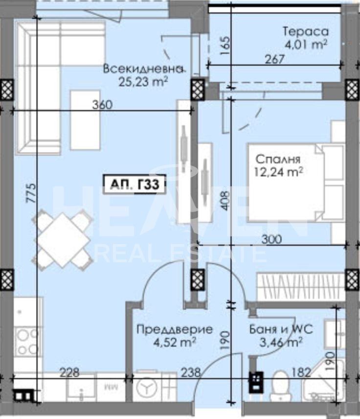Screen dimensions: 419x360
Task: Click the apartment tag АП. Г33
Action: (132, 184)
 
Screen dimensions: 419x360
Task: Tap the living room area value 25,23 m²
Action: (143, 81)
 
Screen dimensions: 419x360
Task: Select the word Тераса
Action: (305, 32)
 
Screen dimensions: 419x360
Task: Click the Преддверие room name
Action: (175, 329)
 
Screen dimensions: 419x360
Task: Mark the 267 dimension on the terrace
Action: (274, 59)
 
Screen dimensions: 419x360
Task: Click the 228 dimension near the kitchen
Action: (69, 372)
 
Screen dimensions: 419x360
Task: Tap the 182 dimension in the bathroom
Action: (300, 372)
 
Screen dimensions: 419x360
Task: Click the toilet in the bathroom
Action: (281, 384)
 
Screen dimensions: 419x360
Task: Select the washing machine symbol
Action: (146, 388)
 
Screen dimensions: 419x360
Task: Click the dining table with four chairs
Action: (63, 238)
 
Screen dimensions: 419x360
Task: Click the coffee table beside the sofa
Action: (85, 120)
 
